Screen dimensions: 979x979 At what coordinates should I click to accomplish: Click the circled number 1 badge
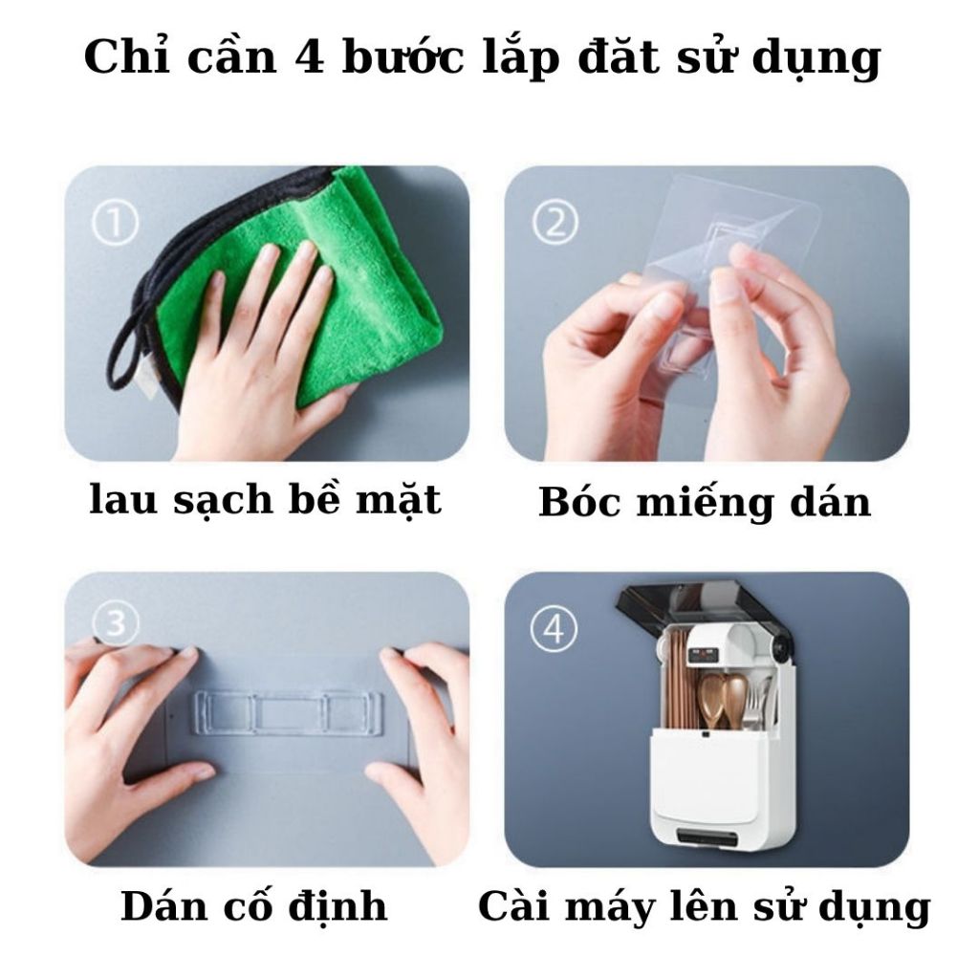(115, 223)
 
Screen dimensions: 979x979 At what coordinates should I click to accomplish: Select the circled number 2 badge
(555, 223)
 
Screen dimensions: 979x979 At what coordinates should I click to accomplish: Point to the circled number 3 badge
(115, 622)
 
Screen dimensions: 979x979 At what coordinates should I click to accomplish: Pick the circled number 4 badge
(555, 629)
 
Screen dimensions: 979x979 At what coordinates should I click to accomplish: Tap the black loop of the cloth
(134, 350)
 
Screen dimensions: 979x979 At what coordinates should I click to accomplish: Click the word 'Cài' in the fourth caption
(515, 905)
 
